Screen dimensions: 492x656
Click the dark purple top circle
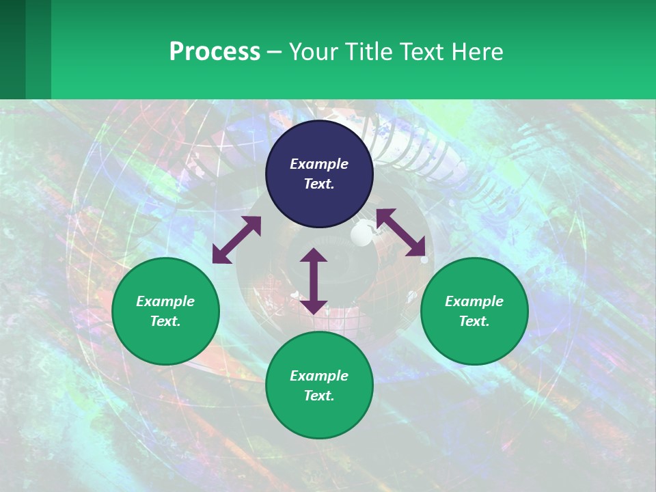pyautogui.click(x=319, y=174)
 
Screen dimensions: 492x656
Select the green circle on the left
pyautogui.click(x=165, y=311)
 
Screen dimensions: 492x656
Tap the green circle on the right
pyautogui.click(x=474, y=311)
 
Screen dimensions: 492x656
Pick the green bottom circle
pyautogui.click(x=319, y=385)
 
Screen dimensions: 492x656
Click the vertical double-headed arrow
pyautogui.click(x=314, y=281)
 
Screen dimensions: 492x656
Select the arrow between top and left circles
pyautogui.click(x=236, y=240)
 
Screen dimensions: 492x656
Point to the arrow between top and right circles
pyautogui.click(x=400, y=232)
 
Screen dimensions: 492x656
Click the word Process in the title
pyautogui.click(x=215, y=51)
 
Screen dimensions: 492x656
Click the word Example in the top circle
pyautogui.click(x=319, y=164)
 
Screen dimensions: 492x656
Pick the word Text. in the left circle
pyautogui.click(x=165, y=321)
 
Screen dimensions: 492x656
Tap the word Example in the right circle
pyautogui.click(x=474, y=301)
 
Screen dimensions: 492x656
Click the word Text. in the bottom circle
pyautogui.click(x=319, y=396)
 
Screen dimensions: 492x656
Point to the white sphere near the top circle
pyautogui.click(x=361, y=236)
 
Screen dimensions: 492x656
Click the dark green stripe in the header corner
pyautogui.click(x=12, y=49)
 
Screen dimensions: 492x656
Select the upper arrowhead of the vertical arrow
pyautogui.click(x=314, y=256)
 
